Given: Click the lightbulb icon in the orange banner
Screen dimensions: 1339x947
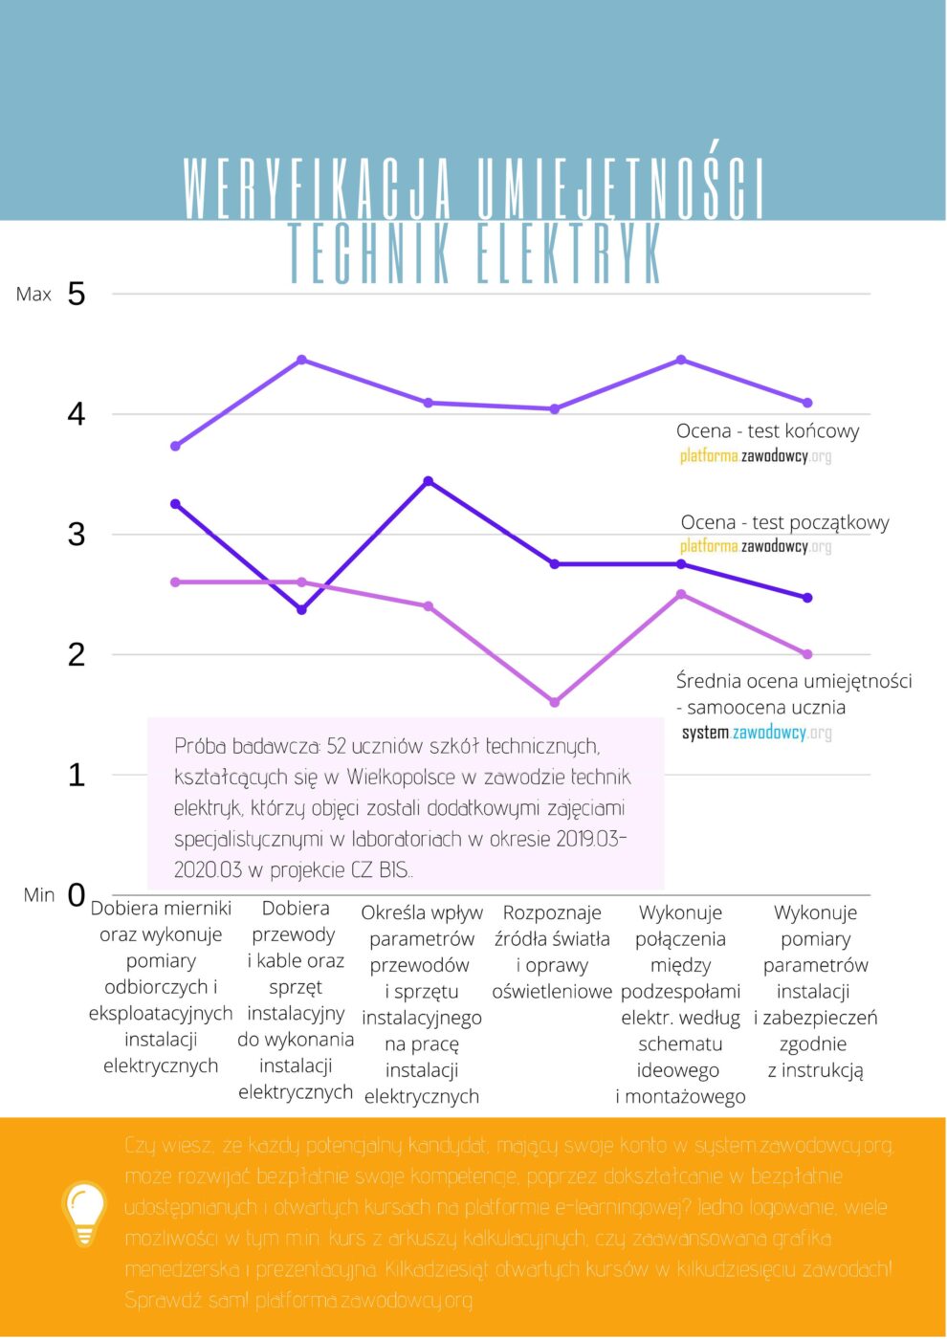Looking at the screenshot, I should pos(84,1213).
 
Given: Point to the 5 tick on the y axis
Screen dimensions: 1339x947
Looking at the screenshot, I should pos(77,294).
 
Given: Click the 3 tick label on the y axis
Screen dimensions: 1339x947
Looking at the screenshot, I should pos(77,534).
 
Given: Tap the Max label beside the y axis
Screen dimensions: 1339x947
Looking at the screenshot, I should pos(33,295).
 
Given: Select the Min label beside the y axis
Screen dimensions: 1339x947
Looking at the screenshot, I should pos(39,895).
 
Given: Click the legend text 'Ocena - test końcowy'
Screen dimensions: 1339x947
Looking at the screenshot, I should pos(767,431).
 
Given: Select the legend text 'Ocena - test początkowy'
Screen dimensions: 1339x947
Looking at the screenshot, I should pos(784,522).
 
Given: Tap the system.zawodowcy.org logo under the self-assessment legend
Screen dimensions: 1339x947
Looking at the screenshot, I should pos(757,733).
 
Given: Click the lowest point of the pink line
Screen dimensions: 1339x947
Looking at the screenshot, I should pos(555,702).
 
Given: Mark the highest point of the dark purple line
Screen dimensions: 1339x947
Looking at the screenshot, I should pos(429,481).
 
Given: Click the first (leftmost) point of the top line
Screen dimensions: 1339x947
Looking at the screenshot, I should pos(175,446).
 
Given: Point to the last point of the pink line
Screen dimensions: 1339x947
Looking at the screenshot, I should pos(807,654).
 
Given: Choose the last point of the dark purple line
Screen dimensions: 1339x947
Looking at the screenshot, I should pos(807,598).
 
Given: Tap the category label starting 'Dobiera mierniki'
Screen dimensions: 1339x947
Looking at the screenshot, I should pos(161,986).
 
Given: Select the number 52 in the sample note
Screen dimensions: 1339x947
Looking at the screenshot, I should pos(336,746).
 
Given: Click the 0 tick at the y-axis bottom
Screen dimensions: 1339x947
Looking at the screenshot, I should pos(77,895).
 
